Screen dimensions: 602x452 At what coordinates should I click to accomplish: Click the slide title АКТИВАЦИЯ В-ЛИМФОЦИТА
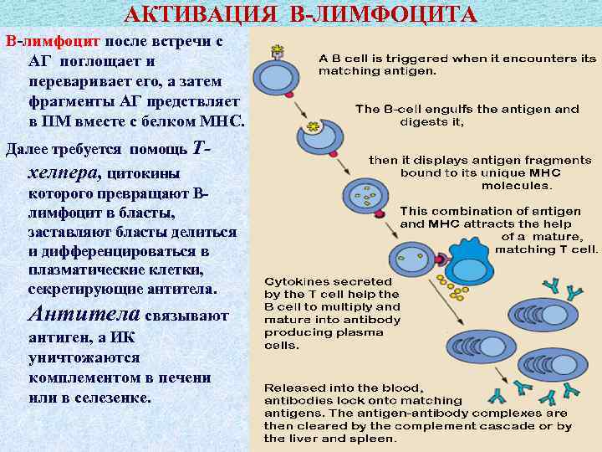click(301, 15)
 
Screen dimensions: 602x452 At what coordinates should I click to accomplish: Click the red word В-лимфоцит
click(52, 40)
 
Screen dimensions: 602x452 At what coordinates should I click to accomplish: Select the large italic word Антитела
click(84, 316)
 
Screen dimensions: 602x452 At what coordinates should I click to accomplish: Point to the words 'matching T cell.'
click(547, 249)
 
